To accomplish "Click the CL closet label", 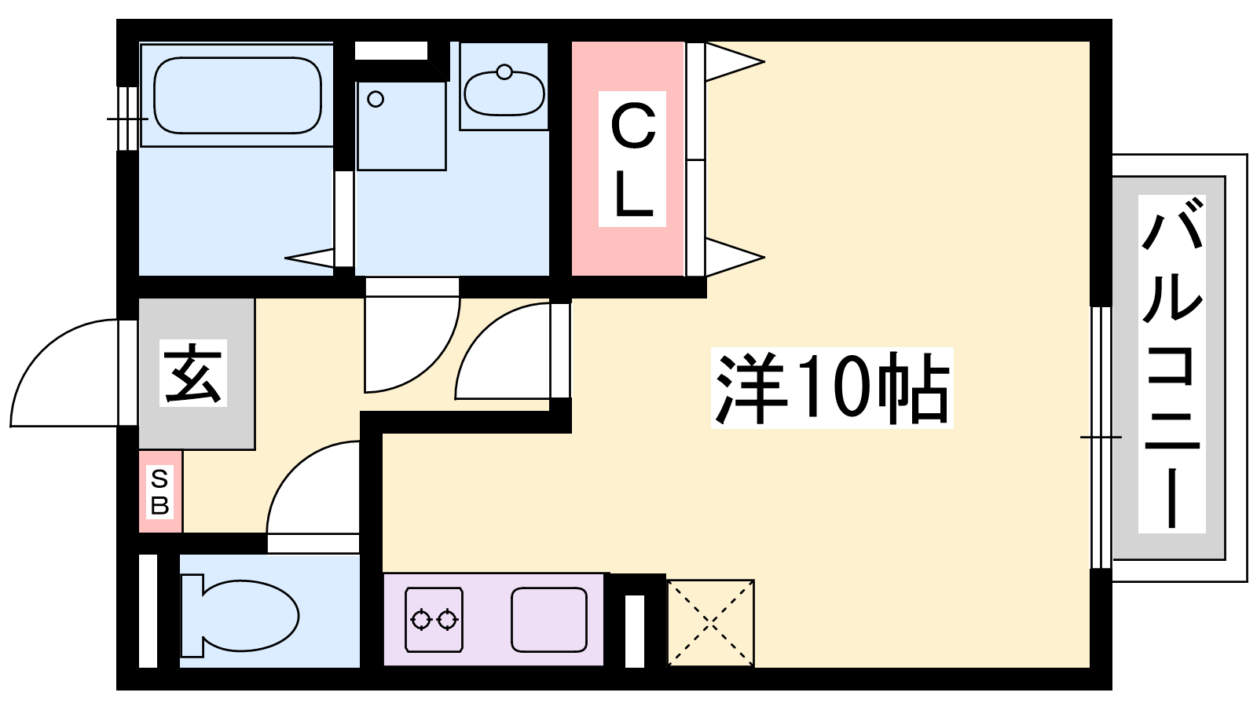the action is [632, 159].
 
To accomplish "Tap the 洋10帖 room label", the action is [832, 388].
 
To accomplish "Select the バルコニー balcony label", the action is [1171, 364].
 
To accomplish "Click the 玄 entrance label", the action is [193, 373].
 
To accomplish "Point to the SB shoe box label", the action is [160, 493].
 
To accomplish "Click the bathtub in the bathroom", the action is [237, 95].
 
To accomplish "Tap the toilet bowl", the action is [240, 616].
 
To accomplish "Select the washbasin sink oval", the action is [504, 93].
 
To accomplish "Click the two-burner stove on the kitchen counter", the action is [434, 620].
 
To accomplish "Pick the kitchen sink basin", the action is [549, 620].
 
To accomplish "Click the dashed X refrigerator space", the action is [710, 623].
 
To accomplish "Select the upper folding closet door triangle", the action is [735, 62].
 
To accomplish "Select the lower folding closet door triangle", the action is [735, 258].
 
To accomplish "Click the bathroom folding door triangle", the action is [310, 258].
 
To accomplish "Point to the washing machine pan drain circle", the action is [376, 99].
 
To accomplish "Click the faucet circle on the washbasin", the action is [504, 71].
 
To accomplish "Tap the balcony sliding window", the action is [1101, 438].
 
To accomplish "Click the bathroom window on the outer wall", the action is [128, 119].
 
